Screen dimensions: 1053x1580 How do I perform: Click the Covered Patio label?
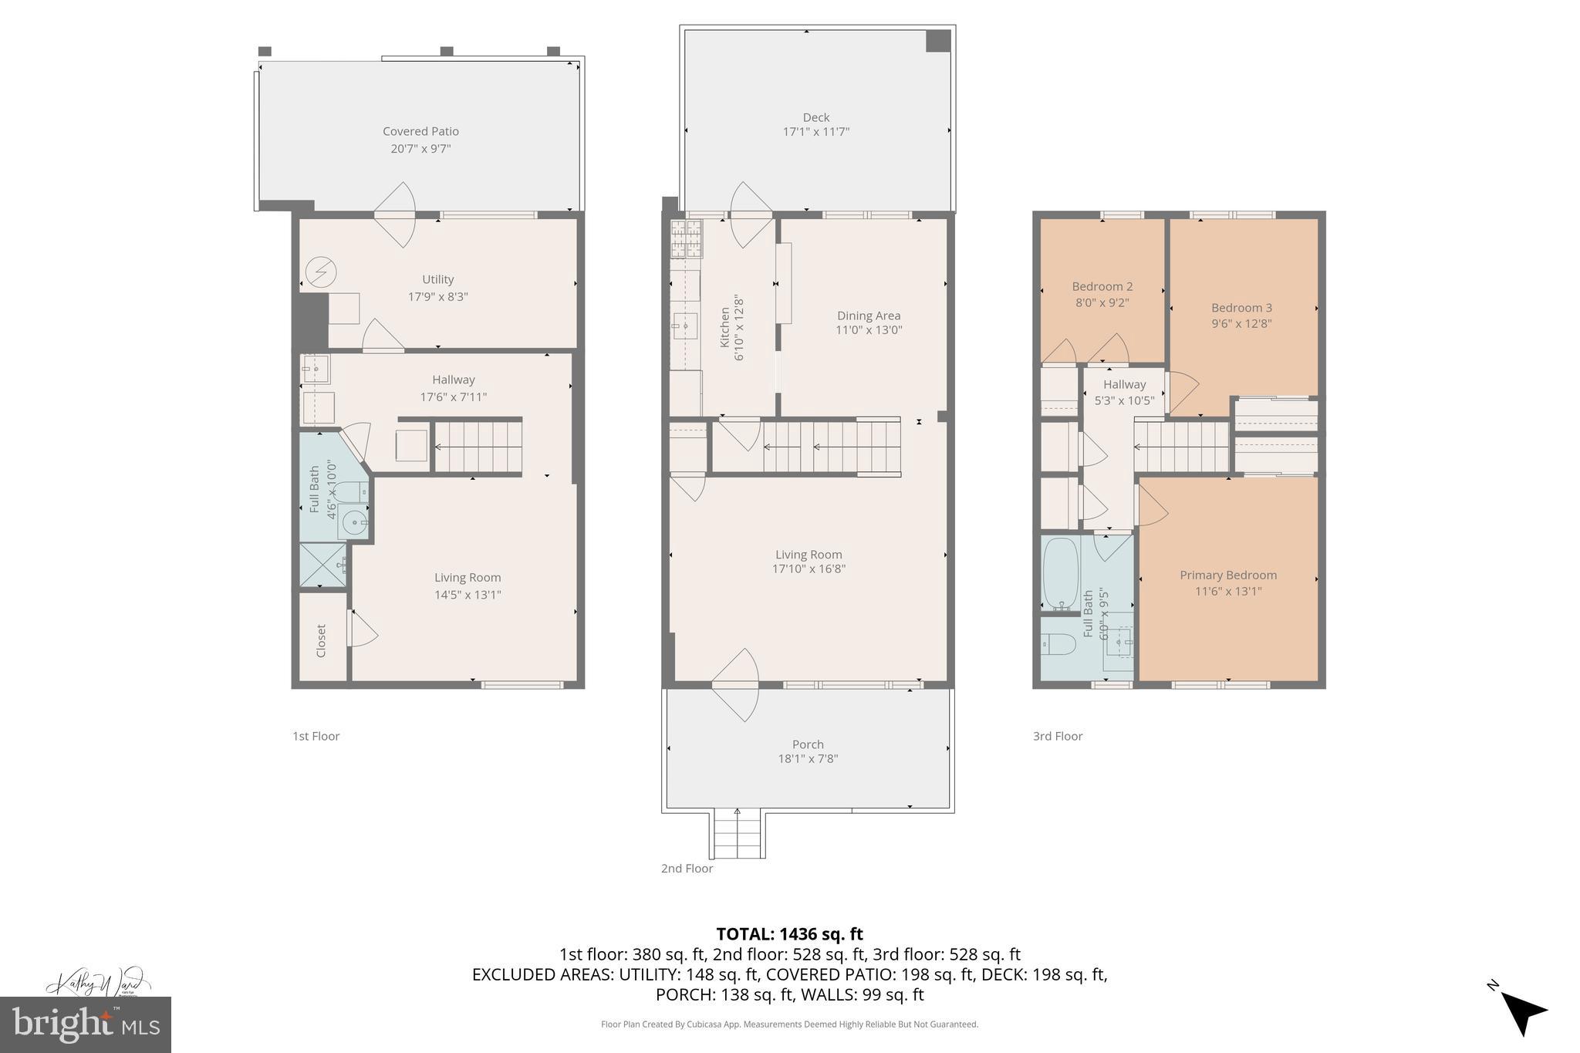(420, 132)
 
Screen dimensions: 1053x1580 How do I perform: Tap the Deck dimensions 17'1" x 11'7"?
(815, 132)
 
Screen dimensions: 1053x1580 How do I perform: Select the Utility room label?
(437, 279)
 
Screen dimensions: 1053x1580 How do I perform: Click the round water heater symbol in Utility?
(320, 272)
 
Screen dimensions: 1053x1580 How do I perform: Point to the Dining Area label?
(869, 316)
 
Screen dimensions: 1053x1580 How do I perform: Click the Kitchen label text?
(725, 327)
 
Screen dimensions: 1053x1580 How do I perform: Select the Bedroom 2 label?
(1102, 286)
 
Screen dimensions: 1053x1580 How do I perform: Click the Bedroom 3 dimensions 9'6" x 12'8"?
(1241, 323)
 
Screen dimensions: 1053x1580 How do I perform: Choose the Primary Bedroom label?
(1227, 575)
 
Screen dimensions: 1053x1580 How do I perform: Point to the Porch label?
(808, 744)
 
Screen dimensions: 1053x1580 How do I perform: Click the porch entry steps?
(738, 834)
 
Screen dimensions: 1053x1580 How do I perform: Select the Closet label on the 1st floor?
(322, 640)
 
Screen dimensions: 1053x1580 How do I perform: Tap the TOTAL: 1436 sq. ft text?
(789, 934)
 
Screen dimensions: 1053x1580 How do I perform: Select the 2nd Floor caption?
(687, 869)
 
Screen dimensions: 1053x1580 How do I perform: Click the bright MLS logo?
(86, 1024)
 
